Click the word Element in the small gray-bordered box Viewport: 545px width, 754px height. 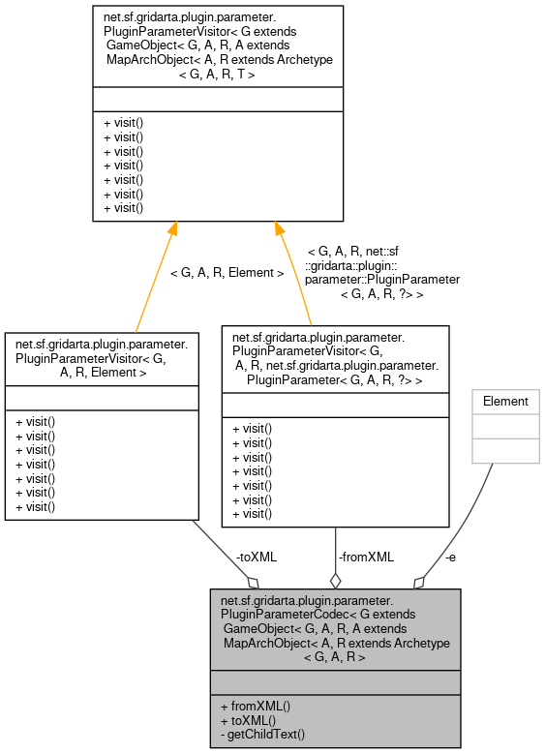point(505,401)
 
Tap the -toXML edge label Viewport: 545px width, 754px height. point(256,557)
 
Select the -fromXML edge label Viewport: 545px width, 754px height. point(366,557)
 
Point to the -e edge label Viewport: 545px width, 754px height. point(451,557)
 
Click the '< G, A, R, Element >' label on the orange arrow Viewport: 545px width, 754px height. point(227,273)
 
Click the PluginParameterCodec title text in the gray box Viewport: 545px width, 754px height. point(335,628)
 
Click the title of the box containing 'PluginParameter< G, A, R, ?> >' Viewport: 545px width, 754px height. point(335,358)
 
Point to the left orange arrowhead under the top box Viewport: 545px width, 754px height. point(172,229)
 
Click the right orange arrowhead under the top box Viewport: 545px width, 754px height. point(278,229)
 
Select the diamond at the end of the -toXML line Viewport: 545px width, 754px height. point(254,582)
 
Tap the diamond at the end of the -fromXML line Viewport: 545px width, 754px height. point(335,581)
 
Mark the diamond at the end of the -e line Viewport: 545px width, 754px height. point(418,582)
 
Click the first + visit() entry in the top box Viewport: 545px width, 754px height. point(123,124)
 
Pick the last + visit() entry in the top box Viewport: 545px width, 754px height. point(123,207)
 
